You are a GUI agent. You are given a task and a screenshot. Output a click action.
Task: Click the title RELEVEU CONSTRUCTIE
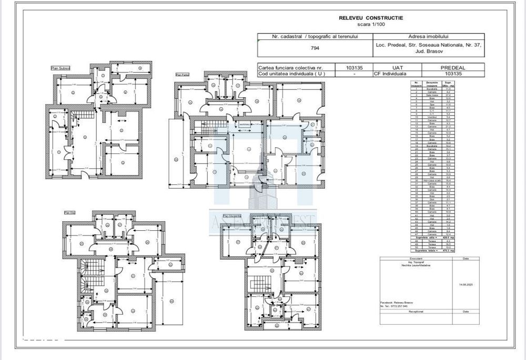pos(371,18)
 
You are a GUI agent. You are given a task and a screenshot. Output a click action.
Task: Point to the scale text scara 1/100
pos(371,24)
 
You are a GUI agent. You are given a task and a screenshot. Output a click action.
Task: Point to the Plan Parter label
pos(183,75)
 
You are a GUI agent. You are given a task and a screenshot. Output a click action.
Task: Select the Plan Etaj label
pos(69,213)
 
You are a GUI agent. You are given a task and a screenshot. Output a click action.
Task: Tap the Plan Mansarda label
pos(232,215)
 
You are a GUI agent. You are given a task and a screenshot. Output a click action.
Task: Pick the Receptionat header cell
pos(416,311)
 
